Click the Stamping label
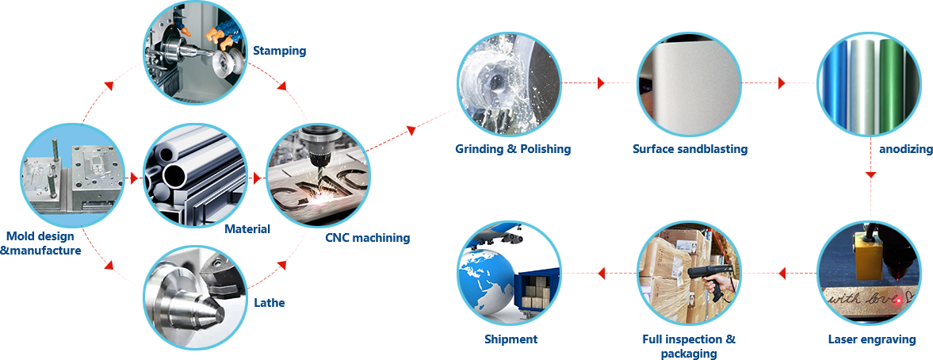coord(279,52)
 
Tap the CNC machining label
coord(368,237)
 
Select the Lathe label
coord(270,302)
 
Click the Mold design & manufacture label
coord(40,243)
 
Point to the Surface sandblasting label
coord(690,149)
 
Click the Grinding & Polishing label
coord(513,149)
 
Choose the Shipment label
coord(510,339)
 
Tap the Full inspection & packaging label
coord(688,346)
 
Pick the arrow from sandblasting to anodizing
coord(781,82)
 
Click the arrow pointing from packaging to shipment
coord(600,274)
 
